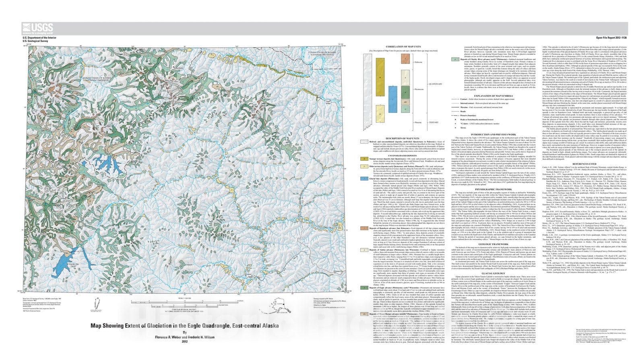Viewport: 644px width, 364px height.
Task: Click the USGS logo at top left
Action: click(x=37, y=28)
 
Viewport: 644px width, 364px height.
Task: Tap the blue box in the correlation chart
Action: click(x=393, y=99)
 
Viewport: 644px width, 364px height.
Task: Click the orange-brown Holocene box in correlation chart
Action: click(x=406, y=59)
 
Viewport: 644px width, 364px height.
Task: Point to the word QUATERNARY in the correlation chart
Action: click(x=435, y=84)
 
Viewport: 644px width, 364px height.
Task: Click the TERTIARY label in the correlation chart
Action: click(x=433, y=122)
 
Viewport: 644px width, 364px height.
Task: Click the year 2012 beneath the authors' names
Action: click(x=185, y=341)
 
